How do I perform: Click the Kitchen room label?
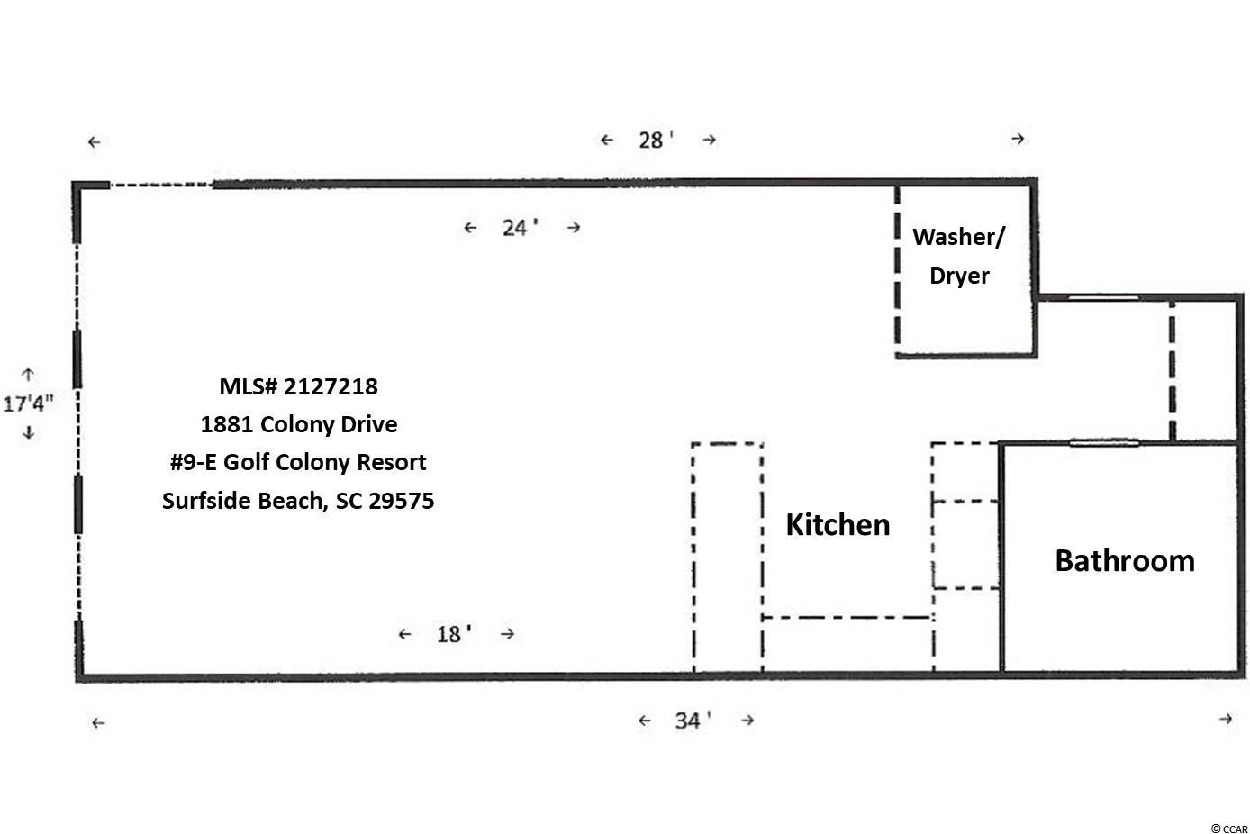(x=838, y=525)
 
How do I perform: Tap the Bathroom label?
(x=1125, y=560)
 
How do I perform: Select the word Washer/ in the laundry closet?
(x=959, y=237)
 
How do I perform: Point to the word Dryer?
(x=959, y=276)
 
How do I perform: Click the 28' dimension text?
(x=656, y=140)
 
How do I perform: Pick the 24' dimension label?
(x=520, y=228)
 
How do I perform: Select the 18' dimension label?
(x=454, y=634)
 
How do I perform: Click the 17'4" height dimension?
(x=28, y=403)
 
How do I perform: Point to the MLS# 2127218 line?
(x=299, y=386)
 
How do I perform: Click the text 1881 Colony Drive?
(x=299, y=424)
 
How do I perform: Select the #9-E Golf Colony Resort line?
(x=298, y=462)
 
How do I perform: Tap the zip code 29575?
(x=402, y=501)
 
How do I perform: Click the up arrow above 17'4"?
(x=28, y=374)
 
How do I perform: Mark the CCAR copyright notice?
(x=1229, y=829)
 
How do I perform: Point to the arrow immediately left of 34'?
(x=645, y=721)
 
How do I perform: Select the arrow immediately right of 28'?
(x=710, y=139)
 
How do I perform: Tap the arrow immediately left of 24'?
(x=470, y=228)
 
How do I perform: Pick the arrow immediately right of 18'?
(x=507, y=633)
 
